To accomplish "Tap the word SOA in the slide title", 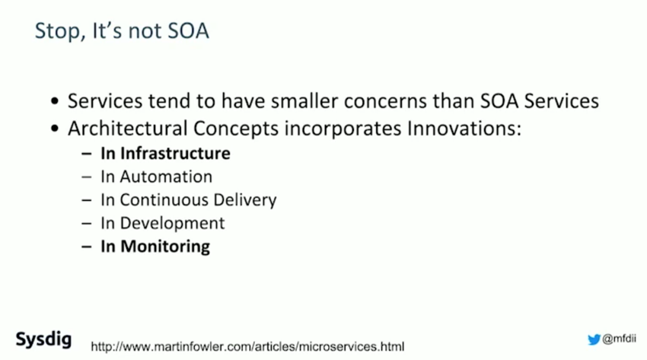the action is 188,31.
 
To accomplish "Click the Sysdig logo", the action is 43,339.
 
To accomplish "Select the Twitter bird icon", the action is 594,339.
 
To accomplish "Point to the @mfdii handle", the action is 619,339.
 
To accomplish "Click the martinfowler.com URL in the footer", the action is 247,346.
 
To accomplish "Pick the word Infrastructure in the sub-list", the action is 175,154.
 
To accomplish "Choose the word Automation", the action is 166,177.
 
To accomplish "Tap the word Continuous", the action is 164,199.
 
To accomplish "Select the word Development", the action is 173,224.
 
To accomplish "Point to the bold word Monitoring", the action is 165,247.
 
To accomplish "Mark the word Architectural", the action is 128,129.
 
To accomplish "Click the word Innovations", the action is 464,129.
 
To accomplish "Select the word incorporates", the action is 343,129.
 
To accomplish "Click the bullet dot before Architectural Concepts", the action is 55,129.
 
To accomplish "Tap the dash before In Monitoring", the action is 87,247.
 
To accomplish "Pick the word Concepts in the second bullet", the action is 236,129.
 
